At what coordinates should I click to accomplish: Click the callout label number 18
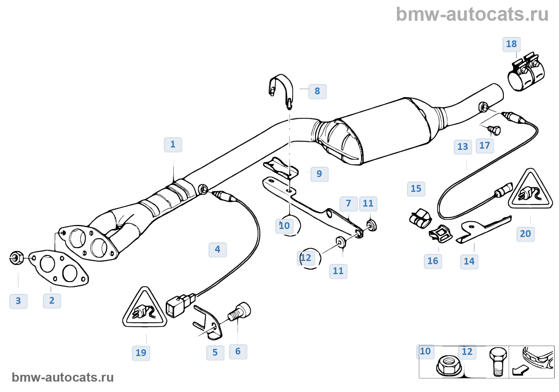click(x=511, y=44)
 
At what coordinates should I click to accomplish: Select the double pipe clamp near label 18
click(x=526, y=72)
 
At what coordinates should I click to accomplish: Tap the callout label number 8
click(x=317, y=92)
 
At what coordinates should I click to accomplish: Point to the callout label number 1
click(x=173, y=145)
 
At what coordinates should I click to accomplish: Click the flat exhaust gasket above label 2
click(x=59, y=269)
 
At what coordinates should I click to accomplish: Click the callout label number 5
click(x=215, y=352)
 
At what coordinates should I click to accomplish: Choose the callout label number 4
click(x=218, y=249)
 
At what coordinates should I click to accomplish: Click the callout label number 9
click(x=319, y=174)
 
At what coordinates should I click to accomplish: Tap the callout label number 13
click(x=463, y=147)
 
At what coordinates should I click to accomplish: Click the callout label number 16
click(x=433, y=261)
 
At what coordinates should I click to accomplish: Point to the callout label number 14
click(x=469, y=261)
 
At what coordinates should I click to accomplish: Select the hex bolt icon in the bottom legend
click(x=498, y=362)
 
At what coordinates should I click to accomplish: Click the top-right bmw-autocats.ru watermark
click(x=472, y=14)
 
